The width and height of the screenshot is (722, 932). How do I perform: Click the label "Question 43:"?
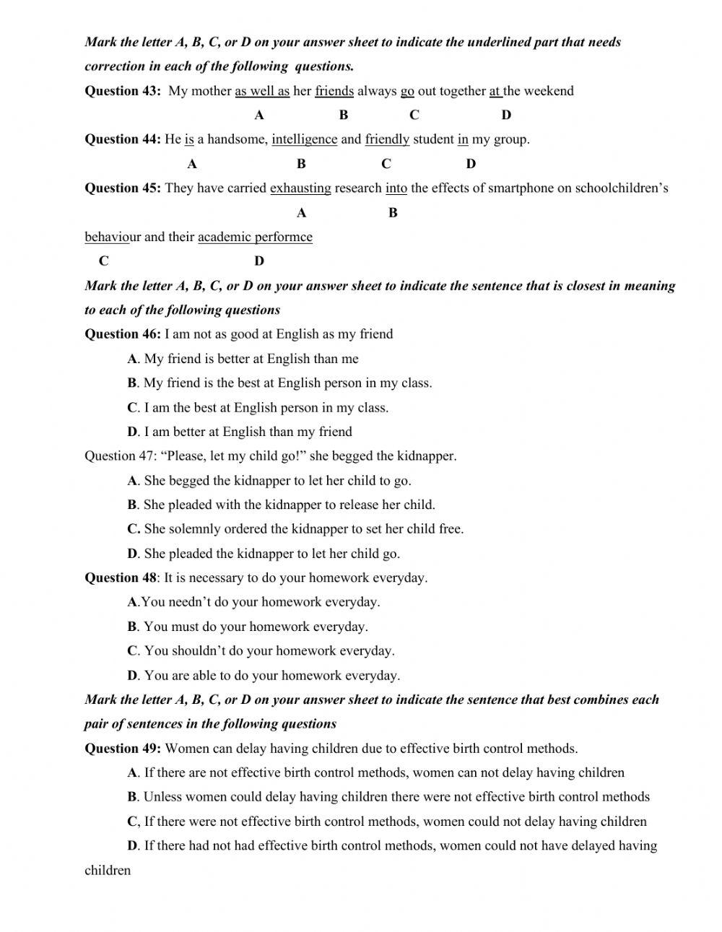point(123,91)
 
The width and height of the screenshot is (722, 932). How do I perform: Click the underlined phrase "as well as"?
point(262,91)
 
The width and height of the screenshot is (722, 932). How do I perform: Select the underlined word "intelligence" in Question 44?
point(304,139)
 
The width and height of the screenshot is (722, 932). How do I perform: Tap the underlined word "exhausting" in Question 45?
point(300,188)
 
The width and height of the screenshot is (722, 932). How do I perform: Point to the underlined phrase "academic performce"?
point(255,237)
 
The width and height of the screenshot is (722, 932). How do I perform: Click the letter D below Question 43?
point(506,115)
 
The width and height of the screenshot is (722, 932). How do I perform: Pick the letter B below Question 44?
point(301,164)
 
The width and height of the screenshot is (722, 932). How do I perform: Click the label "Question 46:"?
point(123,334)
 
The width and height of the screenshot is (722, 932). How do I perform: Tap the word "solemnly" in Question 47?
point(195,529)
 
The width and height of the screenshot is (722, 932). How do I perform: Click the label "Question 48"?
point(121,578)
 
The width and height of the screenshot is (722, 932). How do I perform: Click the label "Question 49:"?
point(123,749)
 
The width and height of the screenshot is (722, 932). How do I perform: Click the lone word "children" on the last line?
point(108,871)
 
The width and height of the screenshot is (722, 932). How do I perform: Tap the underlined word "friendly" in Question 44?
point(387,139)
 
